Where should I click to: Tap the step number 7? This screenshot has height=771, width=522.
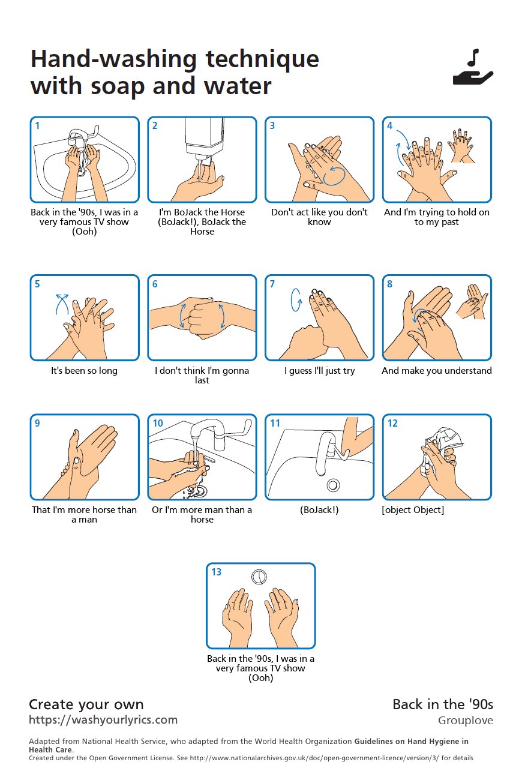point(272,284)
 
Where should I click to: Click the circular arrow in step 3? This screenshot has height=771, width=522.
point(334,176)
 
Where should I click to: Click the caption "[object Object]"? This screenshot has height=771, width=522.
point(413,510)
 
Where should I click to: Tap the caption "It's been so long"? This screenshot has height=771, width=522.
point(84,371)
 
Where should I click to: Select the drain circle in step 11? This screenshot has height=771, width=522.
point(332,484)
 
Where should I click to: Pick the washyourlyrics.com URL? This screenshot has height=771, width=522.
point(103,719)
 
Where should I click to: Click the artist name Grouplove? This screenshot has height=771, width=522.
point(465,721)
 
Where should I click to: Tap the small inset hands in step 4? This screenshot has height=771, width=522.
point(461,145)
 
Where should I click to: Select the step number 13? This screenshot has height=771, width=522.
point(217,572)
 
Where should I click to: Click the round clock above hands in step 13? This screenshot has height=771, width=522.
point(259,577)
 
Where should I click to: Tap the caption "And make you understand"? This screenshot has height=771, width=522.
point(437,371)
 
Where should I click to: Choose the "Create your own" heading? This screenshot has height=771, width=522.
point(86,704)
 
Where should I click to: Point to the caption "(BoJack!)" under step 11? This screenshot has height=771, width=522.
point(319,510)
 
